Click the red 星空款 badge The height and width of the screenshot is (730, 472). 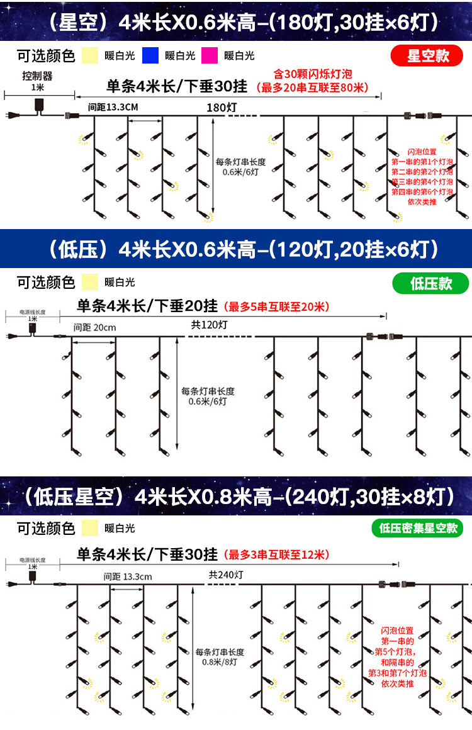[428, 56]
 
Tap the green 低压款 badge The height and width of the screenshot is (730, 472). [431, 283]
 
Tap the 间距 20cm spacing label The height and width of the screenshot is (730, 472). [94, 327]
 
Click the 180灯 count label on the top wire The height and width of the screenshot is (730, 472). [222, 108]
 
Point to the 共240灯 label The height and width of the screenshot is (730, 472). [226, 575]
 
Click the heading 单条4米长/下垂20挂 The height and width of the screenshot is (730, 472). [148, 306]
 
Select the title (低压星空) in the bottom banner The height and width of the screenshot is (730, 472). [74, 497]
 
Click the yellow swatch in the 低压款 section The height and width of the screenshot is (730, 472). [91, 282]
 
